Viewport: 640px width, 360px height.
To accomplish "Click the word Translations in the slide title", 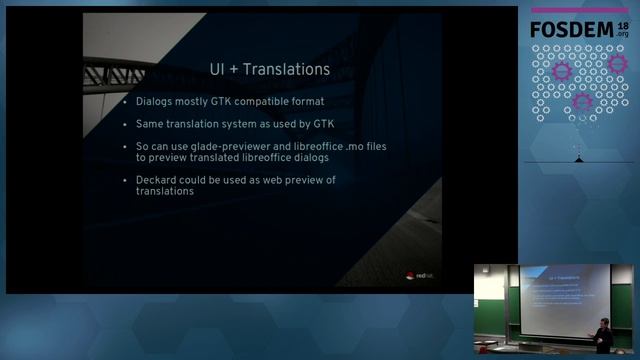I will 291,70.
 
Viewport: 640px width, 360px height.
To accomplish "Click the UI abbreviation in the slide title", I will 217,70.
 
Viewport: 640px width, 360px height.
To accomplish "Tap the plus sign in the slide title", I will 240,70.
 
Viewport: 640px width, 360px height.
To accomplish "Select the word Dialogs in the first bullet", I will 157,102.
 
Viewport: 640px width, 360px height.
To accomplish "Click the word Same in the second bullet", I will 150,124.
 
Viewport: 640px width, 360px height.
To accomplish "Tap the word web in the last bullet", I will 279,179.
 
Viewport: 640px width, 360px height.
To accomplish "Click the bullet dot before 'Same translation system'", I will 125,124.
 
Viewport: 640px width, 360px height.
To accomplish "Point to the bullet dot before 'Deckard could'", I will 125,179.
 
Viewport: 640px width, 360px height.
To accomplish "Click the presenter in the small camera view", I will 603,334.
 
